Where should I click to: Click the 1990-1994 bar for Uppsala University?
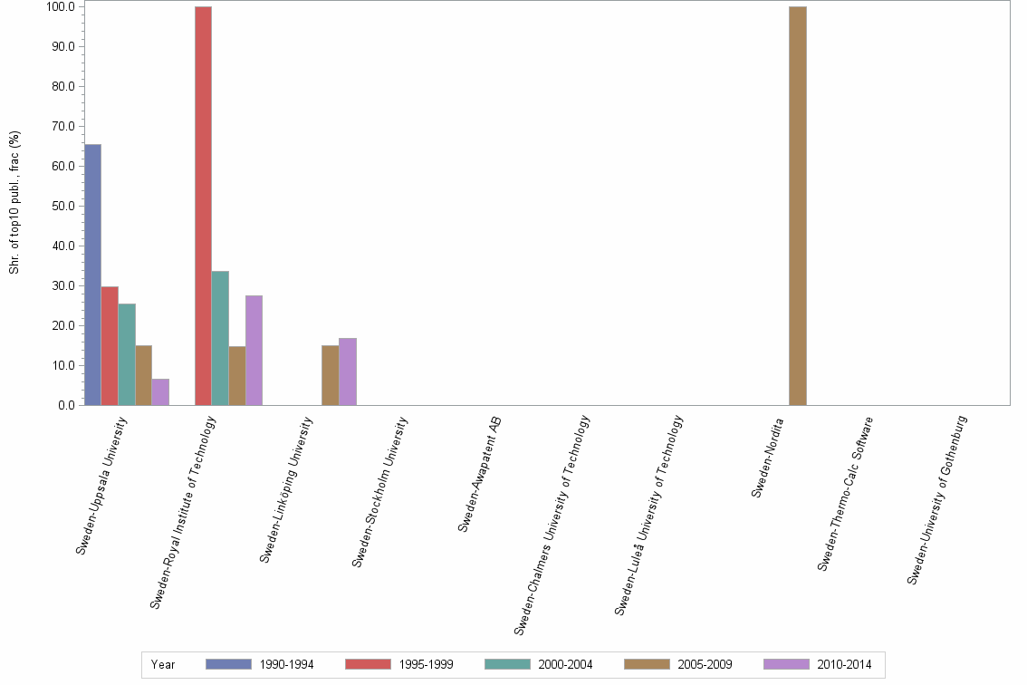pos(92,275)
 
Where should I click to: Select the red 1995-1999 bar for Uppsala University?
pos(110,345)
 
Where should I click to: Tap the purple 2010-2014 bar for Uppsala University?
pos(160,391)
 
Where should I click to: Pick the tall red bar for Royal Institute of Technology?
pos(203,206)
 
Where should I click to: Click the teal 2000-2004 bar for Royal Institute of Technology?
pos(220,338)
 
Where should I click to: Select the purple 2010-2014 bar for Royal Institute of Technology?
pos(254,350)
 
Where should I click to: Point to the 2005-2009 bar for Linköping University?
pos(330,375)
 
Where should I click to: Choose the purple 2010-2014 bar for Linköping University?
pos(348,371)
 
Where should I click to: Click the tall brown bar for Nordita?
pos(798,206)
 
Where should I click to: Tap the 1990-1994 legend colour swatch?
pos(227,664)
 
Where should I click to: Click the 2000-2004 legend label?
pos(565,664)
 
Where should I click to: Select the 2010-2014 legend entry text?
pos(844,664)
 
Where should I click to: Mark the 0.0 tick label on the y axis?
pos(65,405)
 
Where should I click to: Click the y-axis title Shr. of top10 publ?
pos(14,203)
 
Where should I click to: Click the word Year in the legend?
pos(163,664)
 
